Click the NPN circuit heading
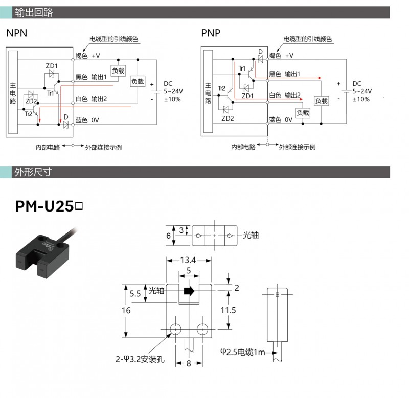pos(16,33)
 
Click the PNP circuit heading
pos(211,33)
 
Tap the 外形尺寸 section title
pos(34,172)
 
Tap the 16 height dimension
pos(126,310)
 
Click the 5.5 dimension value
pos(135,293)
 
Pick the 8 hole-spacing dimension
pos(189,364)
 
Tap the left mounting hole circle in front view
pos(175,328)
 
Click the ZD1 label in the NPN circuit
pos(52,66)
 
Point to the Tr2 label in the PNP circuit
pos(221,88)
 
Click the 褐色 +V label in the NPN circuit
pos(88,55)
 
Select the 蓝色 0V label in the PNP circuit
pos(281,120)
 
